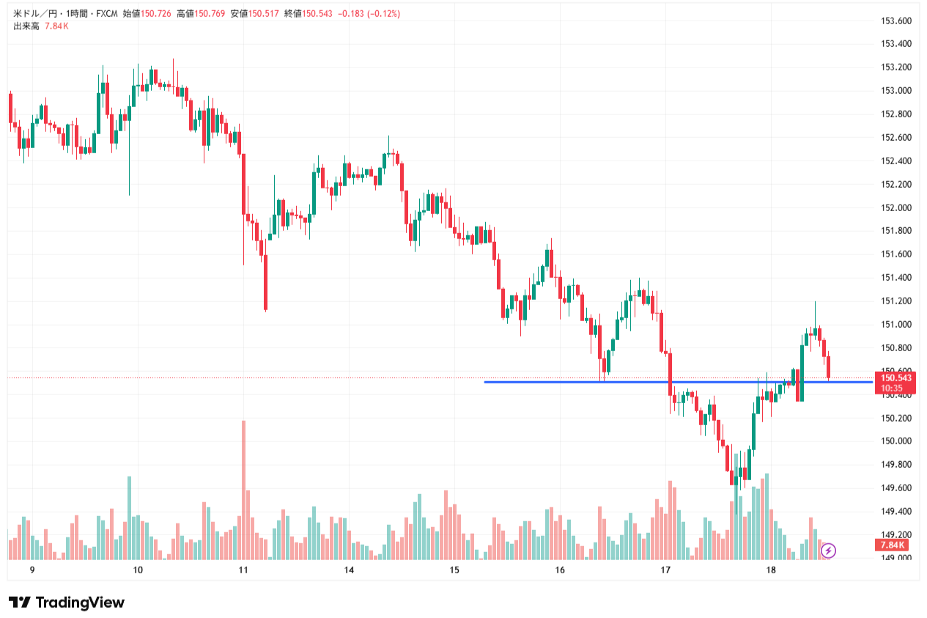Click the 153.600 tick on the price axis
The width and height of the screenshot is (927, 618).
(895, 21)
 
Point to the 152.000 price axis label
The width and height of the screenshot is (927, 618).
(895, 207)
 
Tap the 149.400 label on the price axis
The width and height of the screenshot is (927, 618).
(895, 511)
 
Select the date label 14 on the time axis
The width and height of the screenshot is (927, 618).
(349, 570)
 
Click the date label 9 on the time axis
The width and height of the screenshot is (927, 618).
(32, 570)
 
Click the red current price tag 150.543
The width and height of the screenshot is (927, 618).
(895, 378)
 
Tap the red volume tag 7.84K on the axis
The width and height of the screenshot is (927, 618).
(893, 545)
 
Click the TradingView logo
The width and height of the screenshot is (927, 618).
(67, 603)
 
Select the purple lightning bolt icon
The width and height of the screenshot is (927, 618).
(828, 551)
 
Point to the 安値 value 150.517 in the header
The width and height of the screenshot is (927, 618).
(264, 14)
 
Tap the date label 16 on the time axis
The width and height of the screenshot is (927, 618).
(560, 570)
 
